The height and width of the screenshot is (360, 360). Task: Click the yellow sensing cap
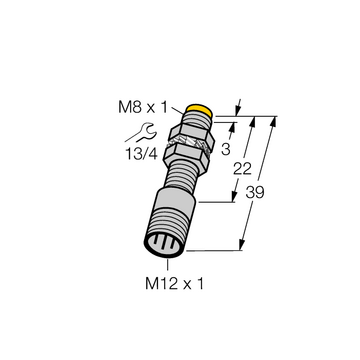coord(199,110)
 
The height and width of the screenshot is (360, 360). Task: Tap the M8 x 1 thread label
coord(143,108)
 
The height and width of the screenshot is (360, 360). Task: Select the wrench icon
coord(140,133)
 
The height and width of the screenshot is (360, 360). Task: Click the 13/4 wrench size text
coord(141,153)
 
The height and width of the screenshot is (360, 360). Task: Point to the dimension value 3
coord(226,150)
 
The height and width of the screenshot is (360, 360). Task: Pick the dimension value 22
coord(242,169)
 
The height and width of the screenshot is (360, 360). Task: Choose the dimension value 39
coord(255,192)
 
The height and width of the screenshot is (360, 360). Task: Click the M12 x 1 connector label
coord(174,284)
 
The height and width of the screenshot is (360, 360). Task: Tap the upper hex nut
coord(191,134)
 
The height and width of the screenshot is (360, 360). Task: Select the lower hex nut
coord(187,154)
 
